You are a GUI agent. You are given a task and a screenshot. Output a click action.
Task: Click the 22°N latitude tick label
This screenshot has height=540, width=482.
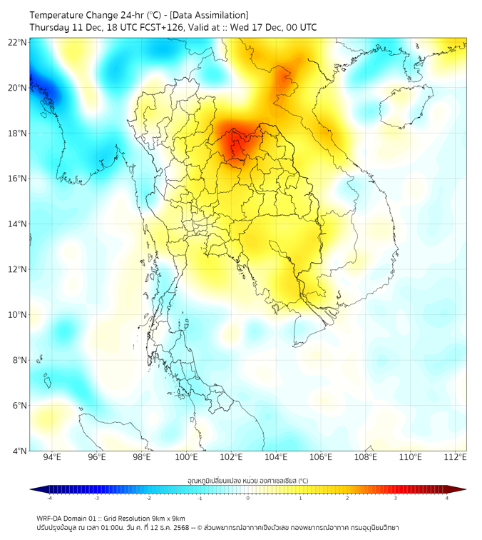click(18, 43)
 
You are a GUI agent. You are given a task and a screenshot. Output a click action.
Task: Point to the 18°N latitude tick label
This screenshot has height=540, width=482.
click(18, 134)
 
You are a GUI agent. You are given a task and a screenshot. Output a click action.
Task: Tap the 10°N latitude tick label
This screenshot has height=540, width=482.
click(18, 315)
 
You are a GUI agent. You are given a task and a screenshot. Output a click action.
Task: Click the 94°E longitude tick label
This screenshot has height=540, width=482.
click(52, 457)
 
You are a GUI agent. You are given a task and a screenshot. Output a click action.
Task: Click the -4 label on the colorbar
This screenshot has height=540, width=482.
click(48, 498)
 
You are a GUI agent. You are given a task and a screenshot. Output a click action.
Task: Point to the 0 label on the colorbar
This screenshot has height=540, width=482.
click(248, 498)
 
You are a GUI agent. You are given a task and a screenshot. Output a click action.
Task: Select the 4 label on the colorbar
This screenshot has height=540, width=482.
click(447, 498)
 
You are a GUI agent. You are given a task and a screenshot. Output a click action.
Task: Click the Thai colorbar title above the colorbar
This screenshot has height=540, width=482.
click(247, 481)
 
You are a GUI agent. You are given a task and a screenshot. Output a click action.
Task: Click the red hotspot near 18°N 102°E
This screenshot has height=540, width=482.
click(233, 141)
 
